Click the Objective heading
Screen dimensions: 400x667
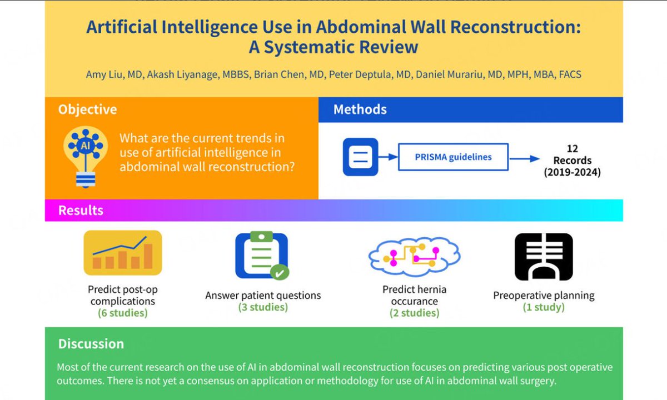coord(87,109)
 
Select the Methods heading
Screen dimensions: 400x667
coord(360,109)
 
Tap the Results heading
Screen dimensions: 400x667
coord(81,211)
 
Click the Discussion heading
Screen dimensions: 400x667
coord(91,344)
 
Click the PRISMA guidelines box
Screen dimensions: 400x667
coord(453,157)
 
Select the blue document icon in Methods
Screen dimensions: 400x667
coord(360,157)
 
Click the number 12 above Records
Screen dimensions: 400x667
coord(573,149)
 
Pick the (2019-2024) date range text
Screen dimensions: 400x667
coord(573,172)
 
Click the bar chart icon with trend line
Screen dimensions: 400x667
coord(123,253)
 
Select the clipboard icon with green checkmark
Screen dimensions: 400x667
coord(262,255)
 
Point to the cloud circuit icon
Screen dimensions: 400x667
coord(414,256)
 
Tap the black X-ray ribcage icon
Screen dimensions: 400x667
coord(544,256)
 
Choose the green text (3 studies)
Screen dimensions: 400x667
coord(263,307)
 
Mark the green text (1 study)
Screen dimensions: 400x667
coord(544,307)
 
